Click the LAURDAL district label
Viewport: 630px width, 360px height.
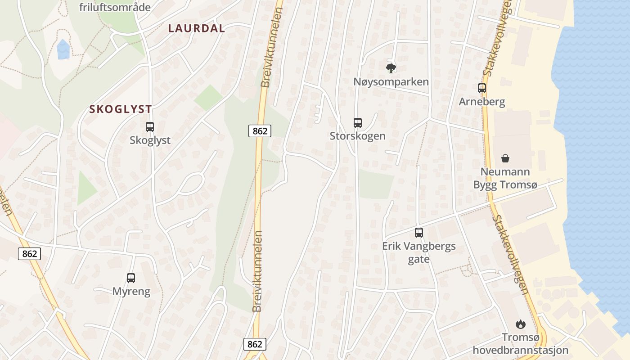tap(196, 28)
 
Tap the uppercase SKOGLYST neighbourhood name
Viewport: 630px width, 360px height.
tap(120, 109)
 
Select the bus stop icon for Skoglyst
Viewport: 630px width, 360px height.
tap(150, 127)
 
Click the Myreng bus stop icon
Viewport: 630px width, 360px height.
tap(131, 278)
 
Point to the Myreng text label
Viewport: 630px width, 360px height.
tap(131, 291)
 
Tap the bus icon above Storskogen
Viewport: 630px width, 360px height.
tap(358, 122)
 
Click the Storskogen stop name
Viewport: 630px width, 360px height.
tap(358, 136)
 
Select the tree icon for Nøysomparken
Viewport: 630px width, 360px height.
tap(391, 68)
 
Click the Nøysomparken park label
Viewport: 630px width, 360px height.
tap(391, 82)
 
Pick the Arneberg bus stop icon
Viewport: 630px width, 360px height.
tap(482, 88)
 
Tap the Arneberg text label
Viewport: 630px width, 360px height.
tap(482, 102)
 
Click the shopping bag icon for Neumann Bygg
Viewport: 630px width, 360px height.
tap(505, 158)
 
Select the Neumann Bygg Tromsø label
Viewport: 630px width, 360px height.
tap(505, 178)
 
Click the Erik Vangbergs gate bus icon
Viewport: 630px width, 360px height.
tap(419, 233)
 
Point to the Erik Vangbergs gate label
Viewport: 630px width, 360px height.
tap(419, 252)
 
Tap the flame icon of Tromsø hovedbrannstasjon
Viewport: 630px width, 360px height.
tap(521, 324)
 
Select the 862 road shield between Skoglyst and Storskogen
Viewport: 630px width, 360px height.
tap(260, 131)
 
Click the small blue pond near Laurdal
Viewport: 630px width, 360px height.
tap(63, 49)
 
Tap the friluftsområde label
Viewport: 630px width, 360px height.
tap(115, 7)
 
